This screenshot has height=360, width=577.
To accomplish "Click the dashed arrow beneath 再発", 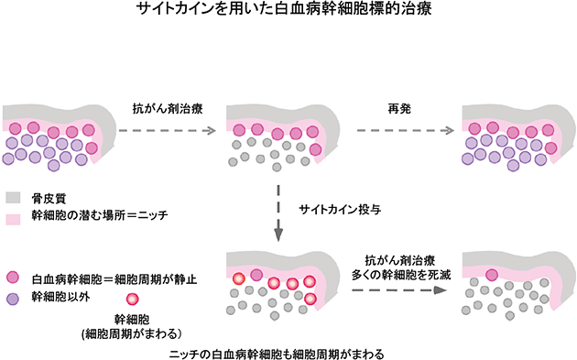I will pos(404,130).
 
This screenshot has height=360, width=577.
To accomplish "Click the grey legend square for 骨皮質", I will pos(14,197).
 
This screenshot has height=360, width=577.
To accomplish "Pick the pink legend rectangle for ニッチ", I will pos(14,217).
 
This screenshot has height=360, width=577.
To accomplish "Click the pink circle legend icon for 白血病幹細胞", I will pos(14,277).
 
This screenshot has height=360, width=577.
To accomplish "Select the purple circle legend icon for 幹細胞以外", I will pos(14,297).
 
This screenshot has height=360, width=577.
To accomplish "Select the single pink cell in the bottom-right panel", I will pos(491,274).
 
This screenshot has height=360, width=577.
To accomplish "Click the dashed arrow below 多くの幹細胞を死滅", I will pos(397,290).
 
